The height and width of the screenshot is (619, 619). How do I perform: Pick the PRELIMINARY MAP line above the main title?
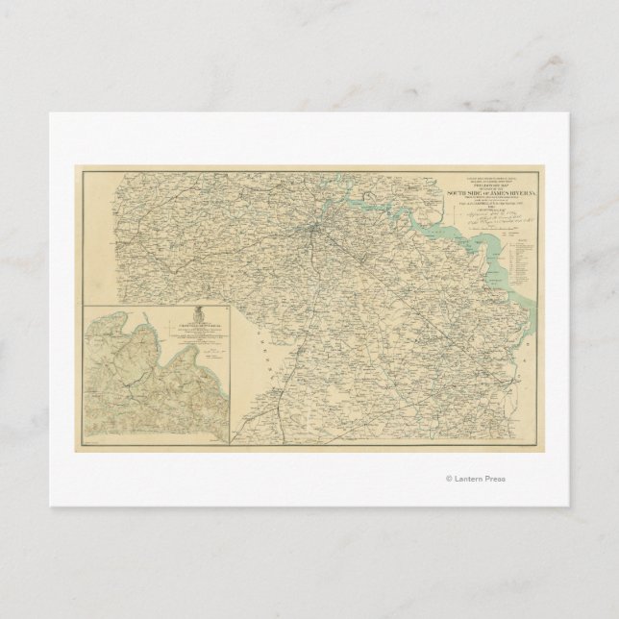488,186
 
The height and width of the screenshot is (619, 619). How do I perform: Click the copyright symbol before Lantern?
448,479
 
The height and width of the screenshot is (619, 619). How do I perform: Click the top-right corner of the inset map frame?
229,305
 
